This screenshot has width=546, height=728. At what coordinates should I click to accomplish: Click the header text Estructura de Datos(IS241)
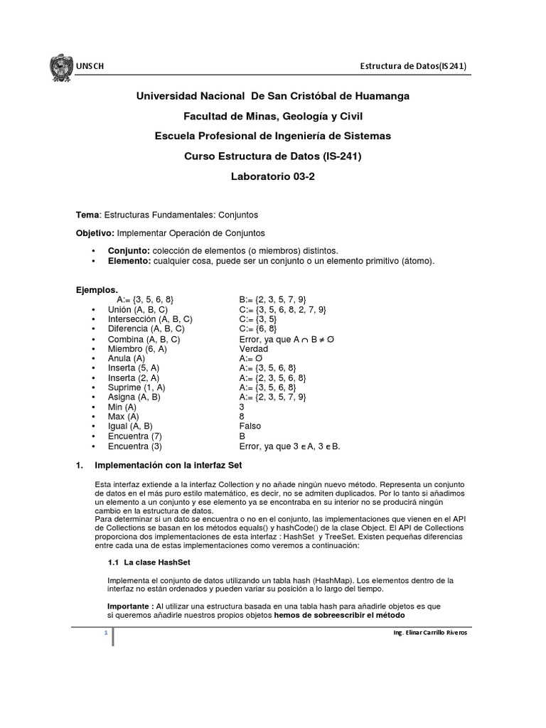click(x=414, y=67)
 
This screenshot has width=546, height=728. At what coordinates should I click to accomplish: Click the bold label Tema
click(x=88, y=214)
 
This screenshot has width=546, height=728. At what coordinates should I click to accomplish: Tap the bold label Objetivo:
click(x=95, y=232)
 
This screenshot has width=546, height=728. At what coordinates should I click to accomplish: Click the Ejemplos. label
click(x=97, y=290)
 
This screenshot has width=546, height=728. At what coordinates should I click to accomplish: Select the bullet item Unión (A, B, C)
click(x=137, y=310)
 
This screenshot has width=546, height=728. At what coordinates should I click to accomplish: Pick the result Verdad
click(x=254, y=349)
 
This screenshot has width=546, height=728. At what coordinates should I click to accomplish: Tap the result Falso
click(x=251, y=427)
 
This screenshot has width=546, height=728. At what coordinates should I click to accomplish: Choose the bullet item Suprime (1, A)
click(x=136, y=387)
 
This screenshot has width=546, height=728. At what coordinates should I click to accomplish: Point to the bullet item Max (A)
click(x=124, y=417)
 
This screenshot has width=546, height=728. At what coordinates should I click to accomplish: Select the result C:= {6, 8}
click(x=258, y=329)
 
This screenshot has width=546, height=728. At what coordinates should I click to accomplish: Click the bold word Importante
click(x=128, y=606)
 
